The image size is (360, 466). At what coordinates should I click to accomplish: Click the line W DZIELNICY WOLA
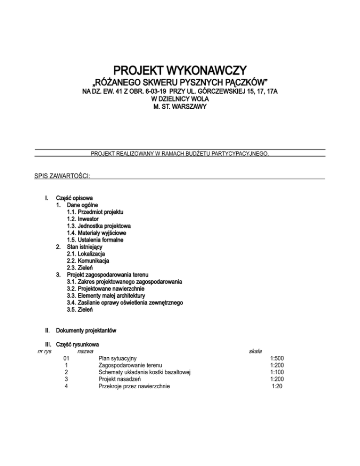180,99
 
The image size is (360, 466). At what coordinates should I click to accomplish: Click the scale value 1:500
277,359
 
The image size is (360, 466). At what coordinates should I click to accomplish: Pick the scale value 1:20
278,386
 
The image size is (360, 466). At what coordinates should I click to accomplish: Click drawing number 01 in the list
67,359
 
